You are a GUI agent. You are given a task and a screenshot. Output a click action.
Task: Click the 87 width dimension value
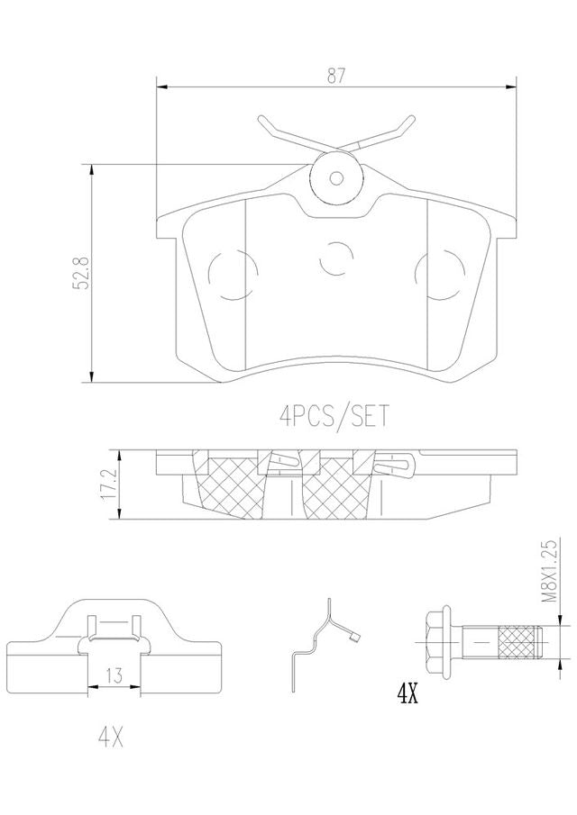point(336,76)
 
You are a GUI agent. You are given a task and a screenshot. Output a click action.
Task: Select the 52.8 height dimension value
point(83,272)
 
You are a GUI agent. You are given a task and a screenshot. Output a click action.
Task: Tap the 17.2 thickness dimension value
point(110,484)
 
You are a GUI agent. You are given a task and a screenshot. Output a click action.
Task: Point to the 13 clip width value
point(114,675)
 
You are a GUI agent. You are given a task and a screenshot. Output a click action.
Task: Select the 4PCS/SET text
point(334,416)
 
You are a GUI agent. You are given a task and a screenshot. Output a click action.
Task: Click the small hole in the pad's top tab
point(336,178)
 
